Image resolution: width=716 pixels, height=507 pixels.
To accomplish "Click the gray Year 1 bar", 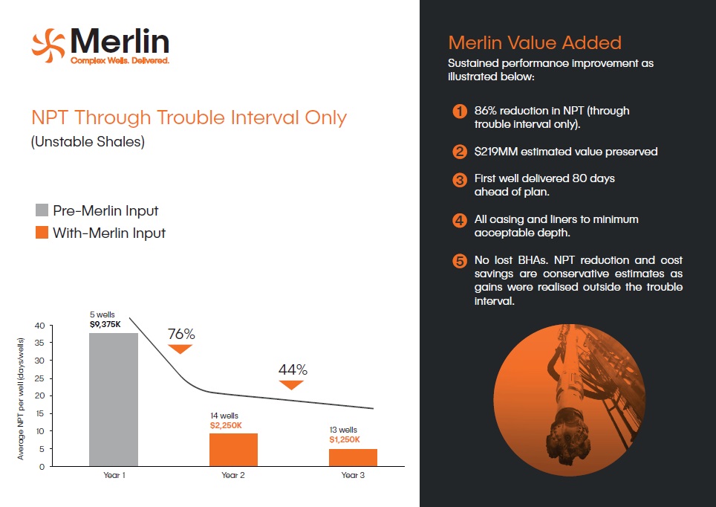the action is point(113,399).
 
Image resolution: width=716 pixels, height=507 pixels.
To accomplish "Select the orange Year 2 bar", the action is point(233,450).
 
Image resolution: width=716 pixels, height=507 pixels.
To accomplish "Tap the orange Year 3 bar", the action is point(353,458).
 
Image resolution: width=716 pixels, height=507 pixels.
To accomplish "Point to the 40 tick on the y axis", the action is point(39,326).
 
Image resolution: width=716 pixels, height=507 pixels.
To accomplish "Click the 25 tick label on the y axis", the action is point(39,378).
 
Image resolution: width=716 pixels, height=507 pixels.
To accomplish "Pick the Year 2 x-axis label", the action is point(233,475).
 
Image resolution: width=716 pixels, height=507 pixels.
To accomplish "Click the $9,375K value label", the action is point(105,325).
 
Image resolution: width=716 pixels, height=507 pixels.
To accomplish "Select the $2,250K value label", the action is point(226,426).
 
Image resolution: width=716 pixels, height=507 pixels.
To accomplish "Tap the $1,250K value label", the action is point(345,440).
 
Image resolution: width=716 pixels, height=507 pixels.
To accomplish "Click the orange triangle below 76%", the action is point(180,349).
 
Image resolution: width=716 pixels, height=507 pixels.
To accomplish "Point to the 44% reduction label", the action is point(293,369).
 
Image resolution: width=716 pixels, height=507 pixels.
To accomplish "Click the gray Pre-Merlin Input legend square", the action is point(42,210).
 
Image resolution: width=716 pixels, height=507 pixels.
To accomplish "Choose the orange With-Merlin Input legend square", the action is point(42,232).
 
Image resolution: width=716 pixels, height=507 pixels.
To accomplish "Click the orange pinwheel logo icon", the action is point(48,45).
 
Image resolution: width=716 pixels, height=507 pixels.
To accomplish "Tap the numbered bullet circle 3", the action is point(459,180).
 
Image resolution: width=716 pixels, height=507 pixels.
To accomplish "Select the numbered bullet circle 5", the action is point(459,261).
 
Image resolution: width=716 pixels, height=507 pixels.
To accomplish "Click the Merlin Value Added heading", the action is point(535,42).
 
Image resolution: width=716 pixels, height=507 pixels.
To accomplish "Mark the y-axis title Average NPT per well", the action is point(21,398).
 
